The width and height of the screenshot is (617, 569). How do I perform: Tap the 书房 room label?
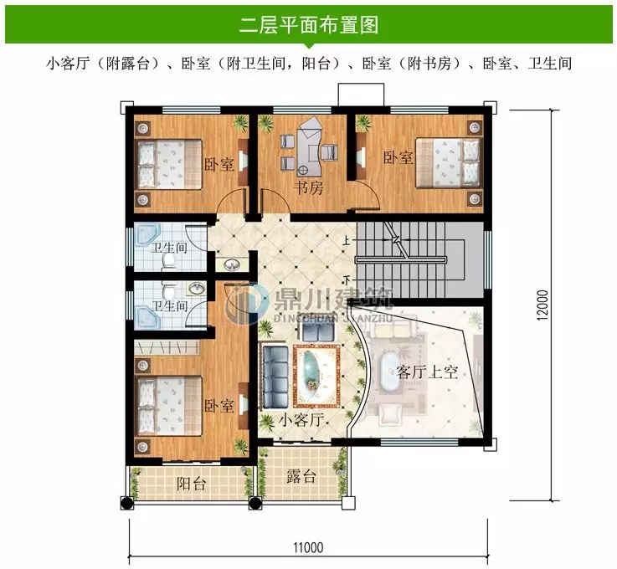coord(308,187)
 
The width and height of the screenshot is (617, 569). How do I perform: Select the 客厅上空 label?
coord(427,372)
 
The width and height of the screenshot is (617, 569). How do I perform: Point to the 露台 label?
coord(301,477)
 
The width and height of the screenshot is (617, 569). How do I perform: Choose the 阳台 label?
coord(191,484)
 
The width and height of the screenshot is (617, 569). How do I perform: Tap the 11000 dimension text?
coord(308,548)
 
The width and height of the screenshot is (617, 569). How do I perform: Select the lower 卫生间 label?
coord(169,306)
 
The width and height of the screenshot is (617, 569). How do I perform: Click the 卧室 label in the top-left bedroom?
coord(219,164)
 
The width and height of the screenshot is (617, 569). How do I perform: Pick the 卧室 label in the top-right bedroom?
coord(398,156)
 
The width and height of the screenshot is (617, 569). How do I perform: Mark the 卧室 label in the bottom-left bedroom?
coord(219,406)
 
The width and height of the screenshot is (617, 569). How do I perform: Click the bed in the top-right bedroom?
coord(450,161)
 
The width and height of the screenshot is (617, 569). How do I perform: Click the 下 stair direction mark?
coord(347,279)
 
